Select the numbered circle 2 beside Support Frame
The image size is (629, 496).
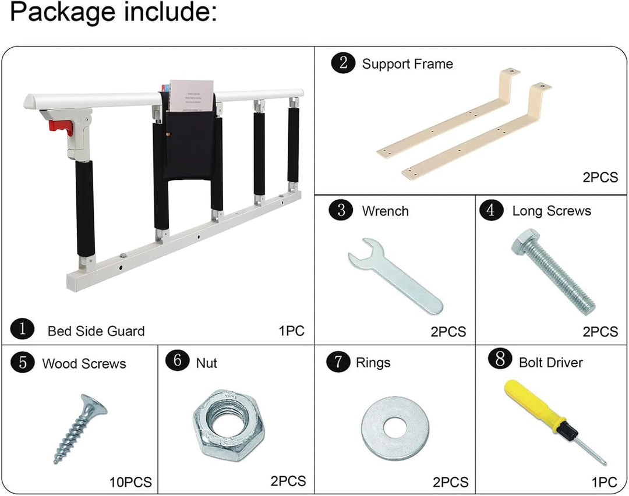pyautogui.click(x=343, y=63)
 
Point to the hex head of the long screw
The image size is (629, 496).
pyautogui.click(x=525, y=242)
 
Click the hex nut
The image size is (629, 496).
pyautogui.click(x=228, y=424)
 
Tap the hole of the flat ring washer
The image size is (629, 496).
pyautogui.click(x=395, y=427)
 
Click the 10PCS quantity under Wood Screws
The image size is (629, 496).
pyautogui.click(x=130, y=481)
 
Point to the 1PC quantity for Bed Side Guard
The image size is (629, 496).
pyautogui.click(x=292, y=331)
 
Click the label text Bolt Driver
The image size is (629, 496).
pyautogui.click(x=551, y=363)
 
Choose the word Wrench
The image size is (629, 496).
pyautogui.click(x=385, y=211)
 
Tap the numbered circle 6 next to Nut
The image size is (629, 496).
pyautogui.click(x=177, y=360)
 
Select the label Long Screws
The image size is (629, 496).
pyautogui.click(x=552, y=211)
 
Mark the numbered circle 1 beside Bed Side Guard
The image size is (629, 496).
pyautogui.click(x=23, y=329)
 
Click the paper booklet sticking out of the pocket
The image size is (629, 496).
pyautogui.click(x=192, y=96)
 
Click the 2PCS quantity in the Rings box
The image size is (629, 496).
pyautogui.click(x=450, y=481)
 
